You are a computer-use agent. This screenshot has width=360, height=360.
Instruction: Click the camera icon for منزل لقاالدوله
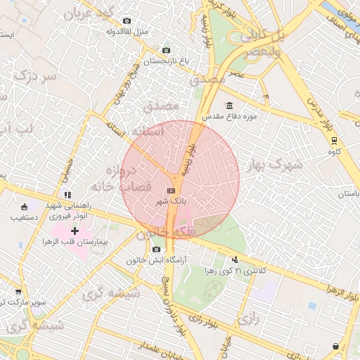click(x=127, y=21)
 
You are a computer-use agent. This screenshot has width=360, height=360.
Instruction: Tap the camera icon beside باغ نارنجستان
click(x=166, y=51)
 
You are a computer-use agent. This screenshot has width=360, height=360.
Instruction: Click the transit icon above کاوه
click(x=335, y=140)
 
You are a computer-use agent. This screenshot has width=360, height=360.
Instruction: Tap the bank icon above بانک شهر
click(x=172, y=191)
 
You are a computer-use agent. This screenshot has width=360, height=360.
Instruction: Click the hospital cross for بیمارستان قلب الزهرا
click(x=75, y=231)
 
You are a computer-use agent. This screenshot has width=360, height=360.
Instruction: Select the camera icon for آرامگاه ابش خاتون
click(x=156, y=249)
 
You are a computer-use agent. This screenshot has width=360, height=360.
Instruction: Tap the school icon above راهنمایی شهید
click(x=67, y=195)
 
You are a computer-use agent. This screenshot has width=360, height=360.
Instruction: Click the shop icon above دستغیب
click(x=25, y=207)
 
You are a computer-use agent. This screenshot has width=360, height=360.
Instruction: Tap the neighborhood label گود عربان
click(x=87, y=13)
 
